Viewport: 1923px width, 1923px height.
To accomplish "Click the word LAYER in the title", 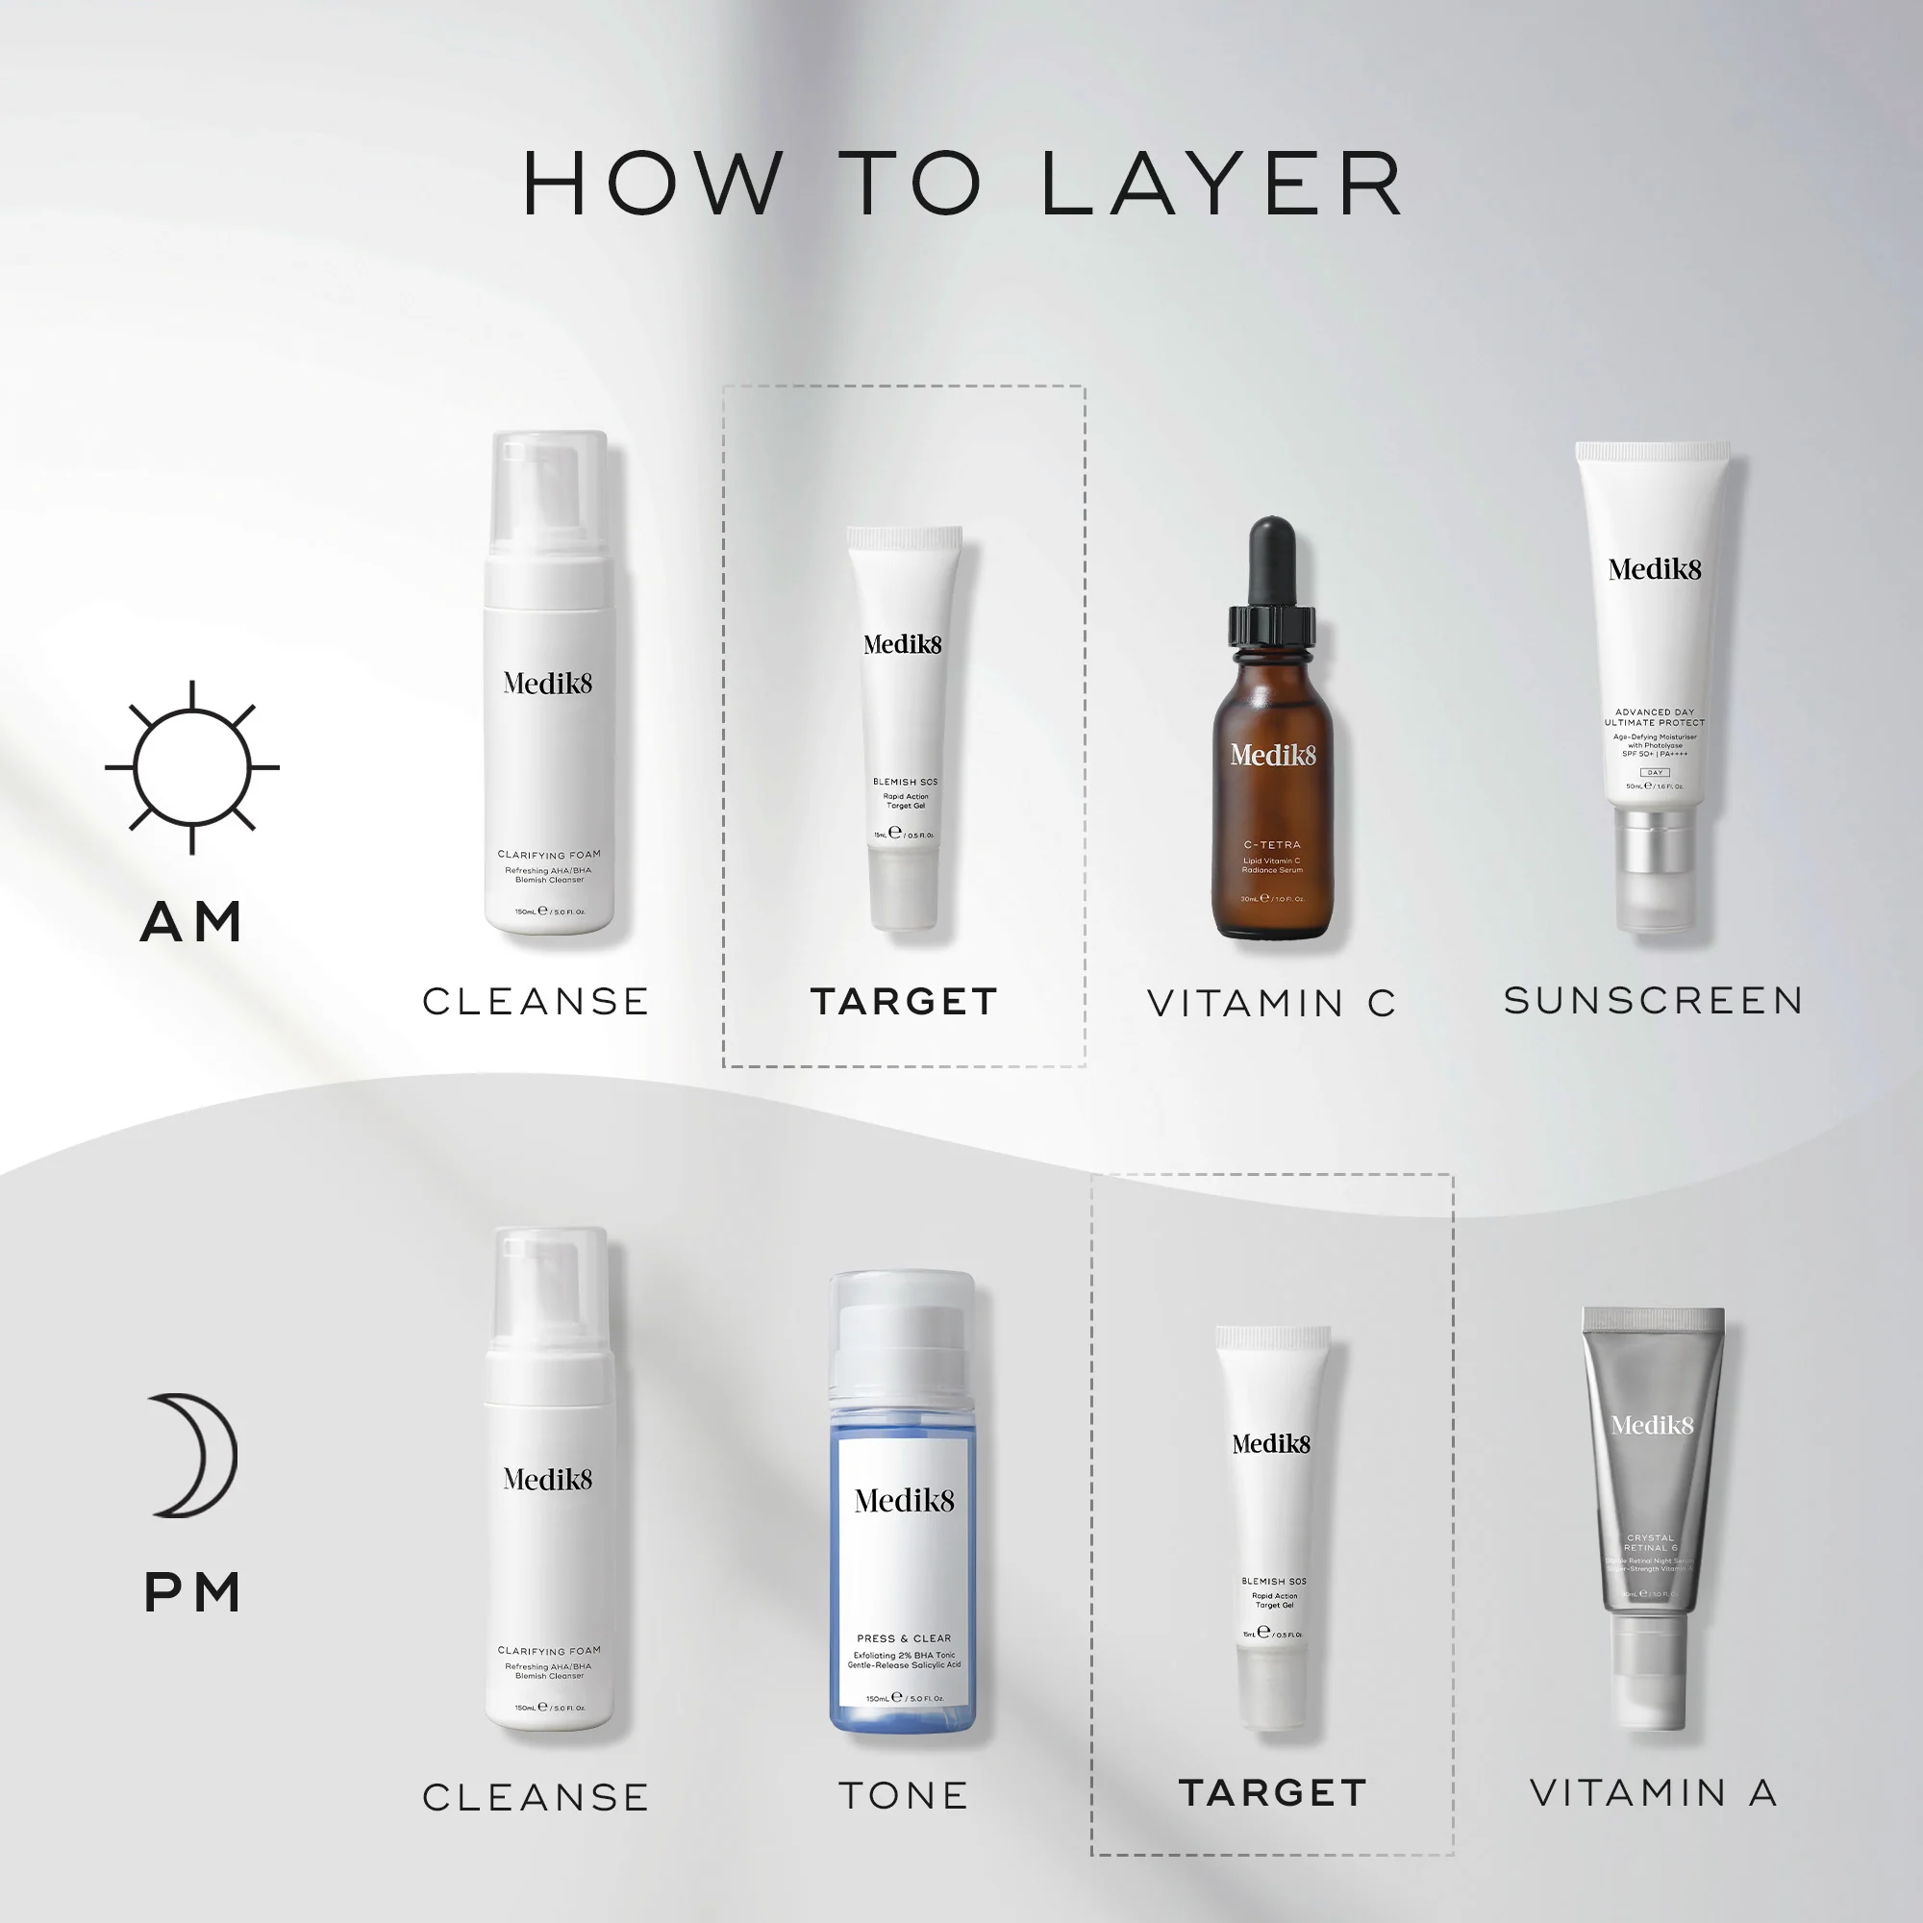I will point(1222,185).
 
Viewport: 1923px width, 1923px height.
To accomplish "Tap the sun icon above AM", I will point(192,767).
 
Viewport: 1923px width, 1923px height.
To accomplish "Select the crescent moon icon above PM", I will point(195,1455).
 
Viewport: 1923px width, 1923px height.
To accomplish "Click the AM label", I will point(192,922).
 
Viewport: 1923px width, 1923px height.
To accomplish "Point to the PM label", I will point(193,1591).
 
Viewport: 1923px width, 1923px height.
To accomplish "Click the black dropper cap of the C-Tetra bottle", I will point(1272,562).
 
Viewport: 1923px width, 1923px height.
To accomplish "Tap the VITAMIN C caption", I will point(1271,1003).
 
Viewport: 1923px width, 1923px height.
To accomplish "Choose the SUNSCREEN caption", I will point(1653,1000).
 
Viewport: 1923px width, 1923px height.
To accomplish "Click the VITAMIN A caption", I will point(1653,1792).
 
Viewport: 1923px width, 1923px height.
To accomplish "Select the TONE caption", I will point(904,1795).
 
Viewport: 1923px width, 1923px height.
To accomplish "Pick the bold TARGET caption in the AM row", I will point(904,1001).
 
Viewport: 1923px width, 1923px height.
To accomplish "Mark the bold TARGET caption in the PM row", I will point(1272,1792).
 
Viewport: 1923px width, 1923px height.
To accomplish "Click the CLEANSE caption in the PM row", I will point(536,1797).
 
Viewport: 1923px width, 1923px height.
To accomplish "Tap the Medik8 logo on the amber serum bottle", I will point(1272,756).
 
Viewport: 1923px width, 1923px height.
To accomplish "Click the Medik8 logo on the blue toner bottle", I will point(904,1500).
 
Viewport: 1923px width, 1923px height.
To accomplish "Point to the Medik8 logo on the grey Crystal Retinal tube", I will point(1652,1425).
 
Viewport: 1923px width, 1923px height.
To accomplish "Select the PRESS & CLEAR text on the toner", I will point(904,1638).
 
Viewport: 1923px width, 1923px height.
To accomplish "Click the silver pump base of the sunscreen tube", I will point(1653,841).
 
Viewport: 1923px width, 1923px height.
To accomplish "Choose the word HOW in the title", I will point(653,185).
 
